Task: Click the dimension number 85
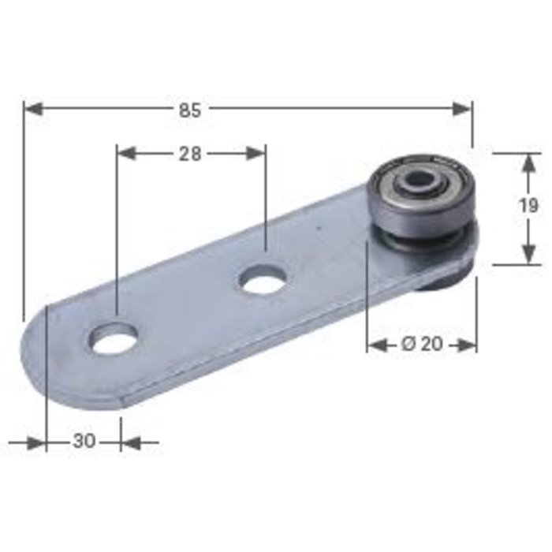click(190, 110)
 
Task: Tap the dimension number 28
click(190, 154)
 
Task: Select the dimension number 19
click(530, 207)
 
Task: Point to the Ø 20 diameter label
click(422, 345)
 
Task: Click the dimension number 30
click(84, 442)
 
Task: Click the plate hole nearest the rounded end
click(113, 338)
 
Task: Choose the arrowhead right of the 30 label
click(130, 442)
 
